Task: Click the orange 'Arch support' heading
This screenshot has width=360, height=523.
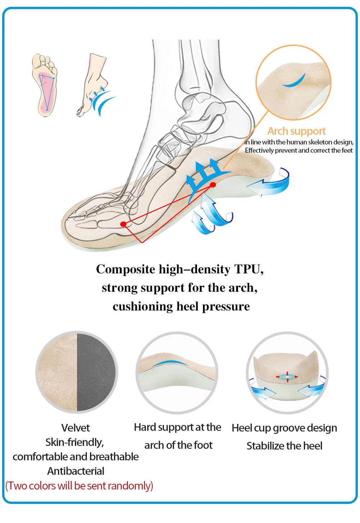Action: [296, 131]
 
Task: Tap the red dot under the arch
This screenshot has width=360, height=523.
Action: [213, 185]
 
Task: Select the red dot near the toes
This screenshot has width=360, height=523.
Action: [123, 224]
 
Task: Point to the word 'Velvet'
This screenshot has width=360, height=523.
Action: [76, 428]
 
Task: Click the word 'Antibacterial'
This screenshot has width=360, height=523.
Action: [76, 471]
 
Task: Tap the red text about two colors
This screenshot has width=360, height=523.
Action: [79, 486]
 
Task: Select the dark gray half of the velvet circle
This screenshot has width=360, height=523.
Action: [96, 372]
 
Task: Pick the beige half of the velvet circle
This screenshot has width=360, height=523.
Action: [58, 372]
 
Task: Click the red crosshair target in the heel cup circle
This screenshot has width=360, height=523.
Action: [287, 377]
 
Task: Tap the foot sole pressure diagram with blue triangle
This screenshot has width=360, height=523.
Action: [45, 85]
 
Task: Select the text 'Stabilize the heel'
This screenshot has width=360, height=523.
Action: [284, 446]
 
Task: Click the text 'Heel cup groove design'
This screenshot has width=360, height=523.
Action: [284, 428]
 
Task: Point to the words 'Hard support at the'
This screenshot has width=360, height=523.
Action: [177, 427]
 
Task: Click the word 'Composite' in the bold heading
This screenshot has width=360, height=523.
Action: [125, 269]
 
